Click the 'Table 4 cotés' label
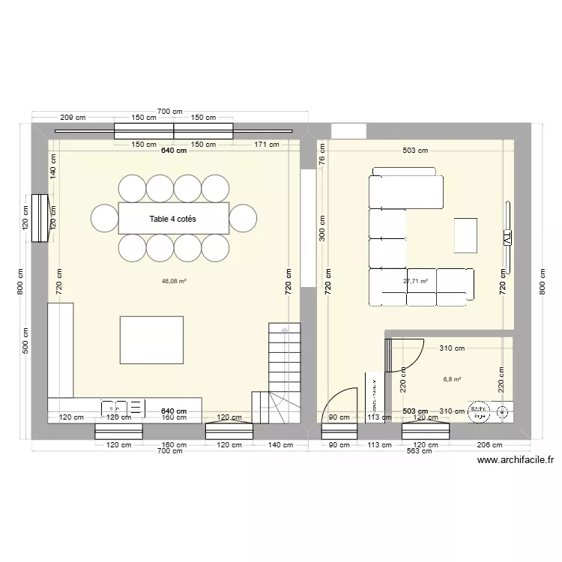[173, 218]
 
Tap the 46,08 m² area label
[174, 282]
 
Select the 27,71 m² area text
[415, 282]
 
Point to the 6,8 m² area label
[452, 379]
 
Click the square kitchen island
[151, 340]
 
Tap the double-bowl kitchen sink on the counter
[124, 408]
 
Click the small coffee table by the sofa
[465, 235]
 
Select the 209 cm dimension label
[73, 118]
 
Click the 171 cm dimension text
[266, 145]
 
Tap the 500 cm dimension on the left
[25, 342]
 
